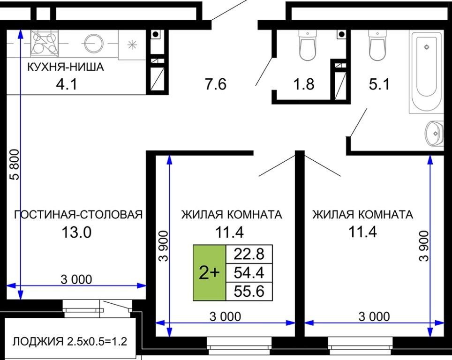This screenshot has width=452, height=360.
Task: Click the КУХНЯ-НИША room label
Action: click(x=66, y=67)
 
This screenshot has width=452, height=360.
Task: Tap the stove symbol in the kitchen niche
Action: click(x=44, y=43)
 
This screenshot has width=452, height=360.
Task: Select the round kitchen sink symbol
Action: click(x=94, y=44)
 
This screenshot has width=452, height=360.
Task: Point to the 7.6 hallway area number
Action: click(x=216, y=84)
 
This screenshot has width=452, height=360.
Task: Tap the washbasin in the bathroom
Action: click(x=434, y=134)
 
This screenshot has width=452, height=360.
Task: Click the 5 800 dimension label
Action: click(x=15, y=165)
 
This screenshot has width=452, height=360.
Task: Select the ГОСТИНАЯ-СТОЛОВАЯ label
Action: click(x=78, y=215)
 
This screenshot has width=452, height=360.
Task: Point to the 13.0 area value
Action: click(x=76, y=232)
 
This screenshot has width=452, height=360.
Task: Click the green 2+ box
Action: click(x=209, y=273)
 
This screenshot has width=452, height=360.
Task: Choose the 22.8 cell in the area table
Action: click(x=249, y=254)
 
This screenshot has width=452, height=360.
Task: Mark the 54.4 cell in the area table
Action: click(x=249, y=272)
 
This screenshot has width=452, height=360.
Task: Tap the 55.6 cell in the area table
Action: click(x=249, y=291)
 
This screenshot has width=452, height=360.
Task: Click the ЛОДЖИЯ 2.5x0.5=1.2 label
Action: click(x=70, y=342)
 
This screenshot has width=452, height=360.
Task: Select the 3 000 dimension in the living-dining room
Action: click(x=76, y=279)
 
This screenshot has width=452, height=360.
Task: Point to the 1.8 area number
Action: click(x=303, y=84)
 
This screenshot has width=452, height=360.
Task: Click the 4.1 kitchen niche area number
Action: click(x=67, y=84)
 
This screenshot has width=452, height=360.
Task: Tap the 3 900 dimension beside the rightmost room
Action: click(x=424, y=246)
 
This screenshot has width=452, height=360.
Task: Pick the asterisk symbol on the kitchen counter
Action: click(x=132, y=45)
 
